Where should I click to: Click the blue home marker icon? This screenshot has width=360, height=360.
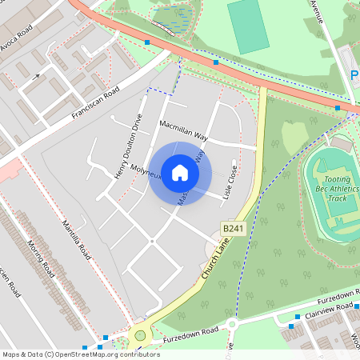[x=180, y=173]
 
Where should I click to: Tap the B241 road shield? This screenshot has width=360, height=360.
[x=232, y=230]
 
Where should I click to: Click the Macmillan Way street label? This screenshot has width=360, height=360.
[x=183, y=131]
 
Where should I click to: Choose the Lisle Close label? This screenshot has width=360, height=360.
[x=232, y=182]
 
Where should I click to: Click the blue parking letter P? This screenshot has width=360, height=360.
[x=354, y=76]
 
